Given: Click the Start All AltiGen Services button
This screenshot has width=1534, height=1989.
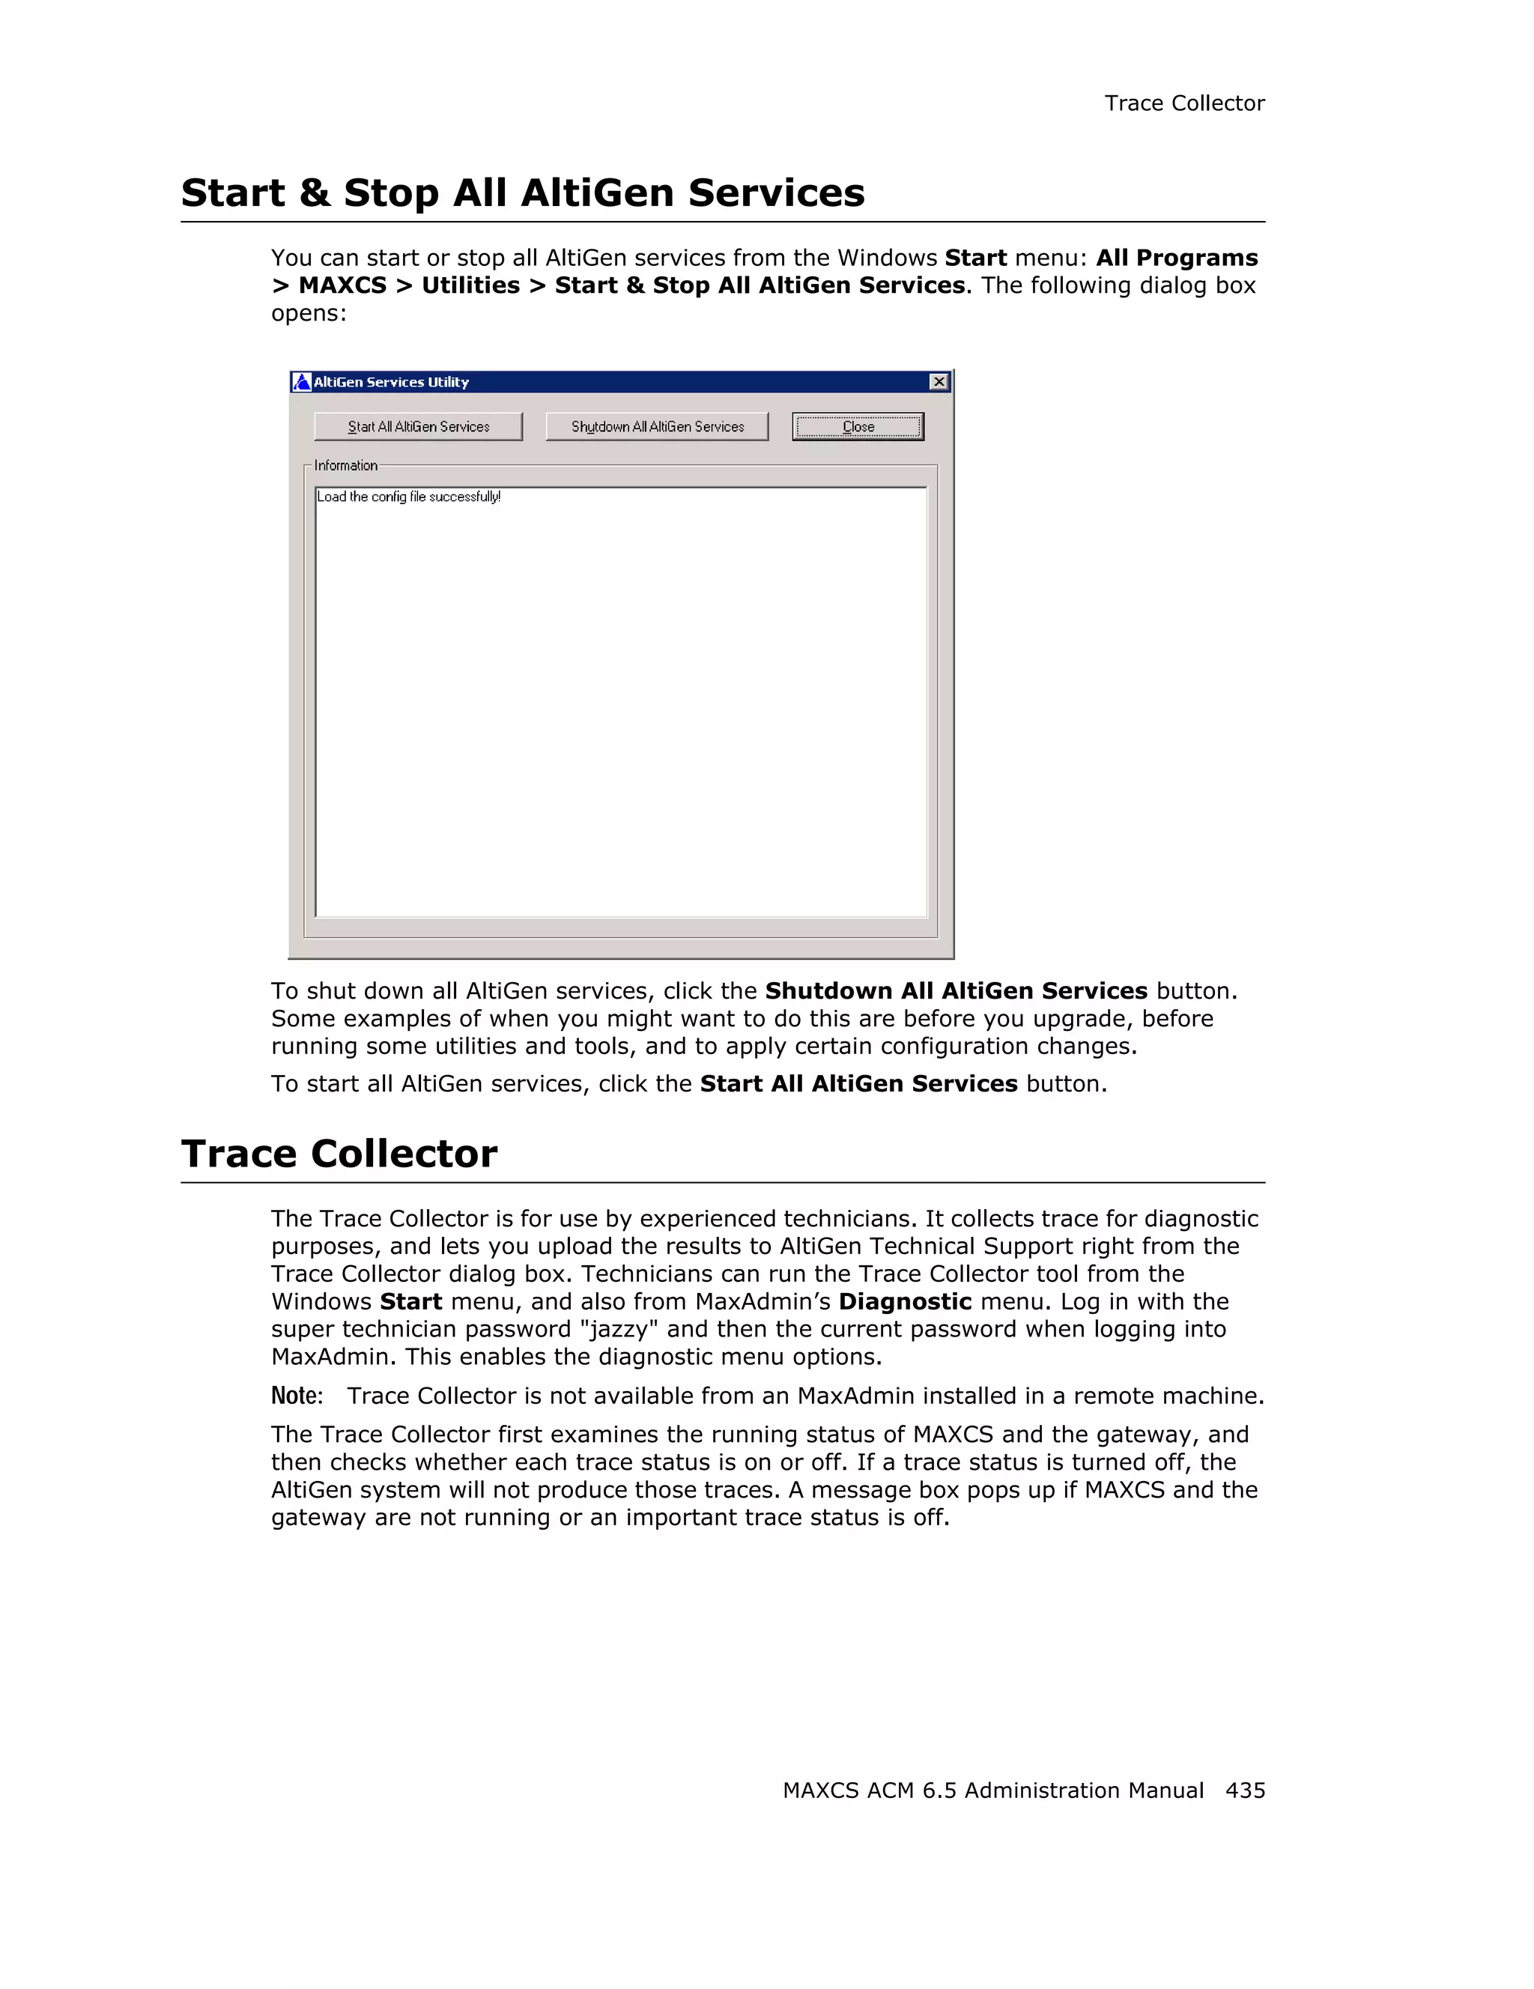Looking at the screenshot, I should point(418,426).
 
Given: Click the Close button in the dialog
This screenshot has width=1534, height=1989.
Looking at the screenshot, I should point(858,426).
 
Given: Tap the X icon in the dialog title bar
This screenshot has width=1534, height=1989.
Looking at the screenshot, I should point(939,381).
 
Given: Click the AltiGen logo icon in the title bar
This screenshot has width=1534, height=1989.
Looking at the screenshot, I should point(301,381).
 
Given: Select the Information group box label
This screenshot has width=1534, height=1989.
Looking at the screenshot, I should point(345,465).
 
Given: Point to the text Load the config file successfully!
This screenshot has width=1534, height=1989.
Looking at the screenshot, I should point(409,497).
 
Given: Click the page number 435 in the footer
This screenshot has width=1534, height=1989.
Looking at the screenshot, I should point(1244,1790).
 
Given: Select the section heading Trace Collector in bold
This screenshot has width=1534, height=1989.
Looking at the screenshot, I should point(339,1153).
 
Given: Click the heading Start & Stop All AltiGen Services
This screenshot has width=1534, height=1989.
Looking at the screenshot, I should point(523,193).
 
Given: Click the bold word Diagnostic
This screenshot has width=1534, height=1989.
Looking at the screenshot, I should point(904,1301).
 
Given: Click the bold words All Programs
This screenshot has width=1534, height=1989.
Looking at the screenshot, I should point(1176,258).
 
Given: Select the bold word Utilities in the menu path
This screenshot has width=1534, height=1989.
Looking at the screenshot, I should point(470,285).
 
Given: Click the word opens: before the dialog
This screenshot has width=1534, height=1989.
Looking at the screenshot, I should point(309,313).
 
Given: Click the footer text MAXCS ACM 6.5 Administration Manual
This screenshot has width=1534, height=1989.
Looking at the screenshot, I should point(992,1790).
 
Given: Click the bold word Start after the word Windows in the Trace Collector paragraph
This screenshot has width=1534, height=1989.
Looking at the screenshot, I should point(410,1301).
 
